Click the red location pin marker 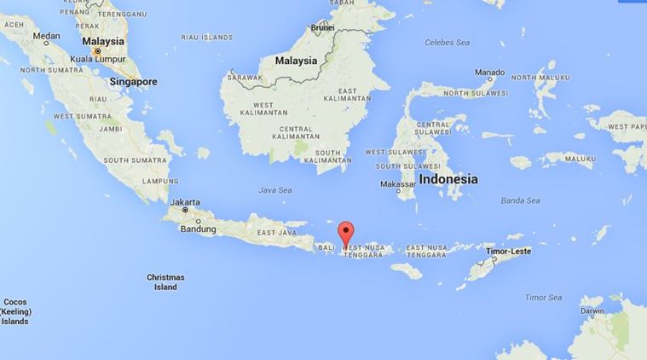pyautogui.click(x=345, y=232)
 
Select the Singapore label pyautogui.click(x=136, y=82)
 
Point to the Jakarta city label pyautogui.click(x=184, y=202)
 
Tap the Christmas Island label pyautogui.click(x=165, y=282)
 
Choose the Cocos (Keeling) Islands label pyautogui.click(x=15, y=311)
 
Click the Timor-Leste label pyautogui.click(x=508, y=252)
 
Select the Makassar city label pyautogui.click(x=398, y=184)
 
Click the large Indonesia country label pyautogui.click(x=448, y=180)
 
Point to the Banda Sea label pyautogui.click(x=520, y=200)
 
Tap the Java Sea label pyautogui.click(x=275, y=191)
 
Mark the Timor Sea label pyautogui.click(x=543, y=297)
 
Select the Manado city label pyautogui.click(x=489, y=72)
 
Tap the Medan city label pyautogui.click(x=46, y=36)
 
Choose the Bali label pyautogui.click(x=326, y=247)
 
